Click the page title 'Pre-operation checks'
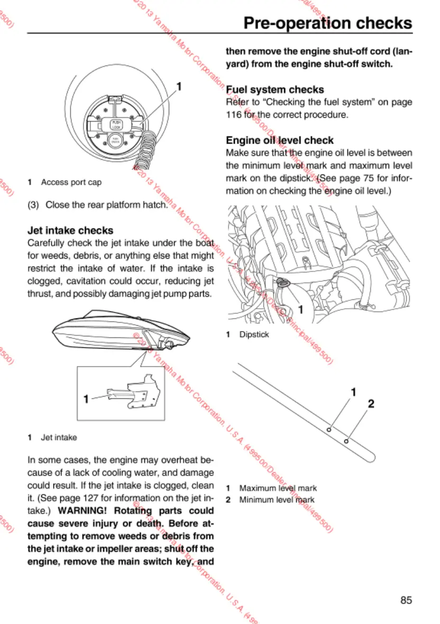pyautogui.click(x=327, y=23)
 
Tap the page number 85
pyautogui.click(x=406, y=600)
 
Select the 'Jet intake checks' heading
pyautogui.click(x=70, y=231)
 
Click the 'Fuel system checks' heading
pyautogui.click(x=274, y=89)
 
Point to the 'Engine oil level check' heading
pyautogui.click(x=280, y=140)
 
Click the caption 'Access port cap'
pyautogui.click(x=71, y=182)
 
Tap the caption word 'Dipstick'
pyautogui.click(x=254, y=335)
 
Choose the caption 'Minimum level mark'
pyautogui.click(x=277, y=500)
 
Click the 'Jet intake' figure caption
pyautogui.click(x=59, y=437)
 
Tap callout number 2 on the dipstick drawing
pyautogui.click(x=371, y=404)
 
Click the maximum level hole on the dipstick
pyautogui.click(x=328, y=430)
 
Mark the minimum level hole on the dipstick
pyautogui.click(x=346, y=441)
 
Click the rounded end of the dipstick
pyautogui.click(x=371, y=454)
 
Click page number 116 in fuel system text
pyautogui.click(x=233, y=114)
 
